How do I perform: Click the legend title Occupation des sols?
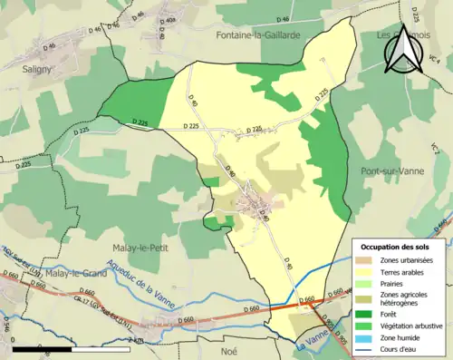[398, 247]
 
